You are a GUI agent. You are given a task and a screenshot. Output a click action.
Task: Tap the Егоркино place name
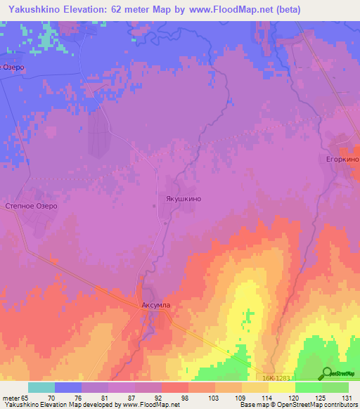coord(342,160)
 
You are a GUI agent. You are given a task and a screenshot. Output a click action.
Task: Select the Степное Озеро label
coord(31,207)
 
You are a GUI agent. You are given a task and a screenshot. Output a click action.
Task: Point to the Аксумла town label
coord(156,306)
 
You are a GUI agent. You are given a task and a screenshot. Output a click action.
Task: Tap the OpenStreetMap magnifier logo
coord(328,373)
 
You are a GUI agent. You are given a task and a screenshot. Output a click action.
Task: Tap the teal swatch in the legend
coord(41,387)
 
